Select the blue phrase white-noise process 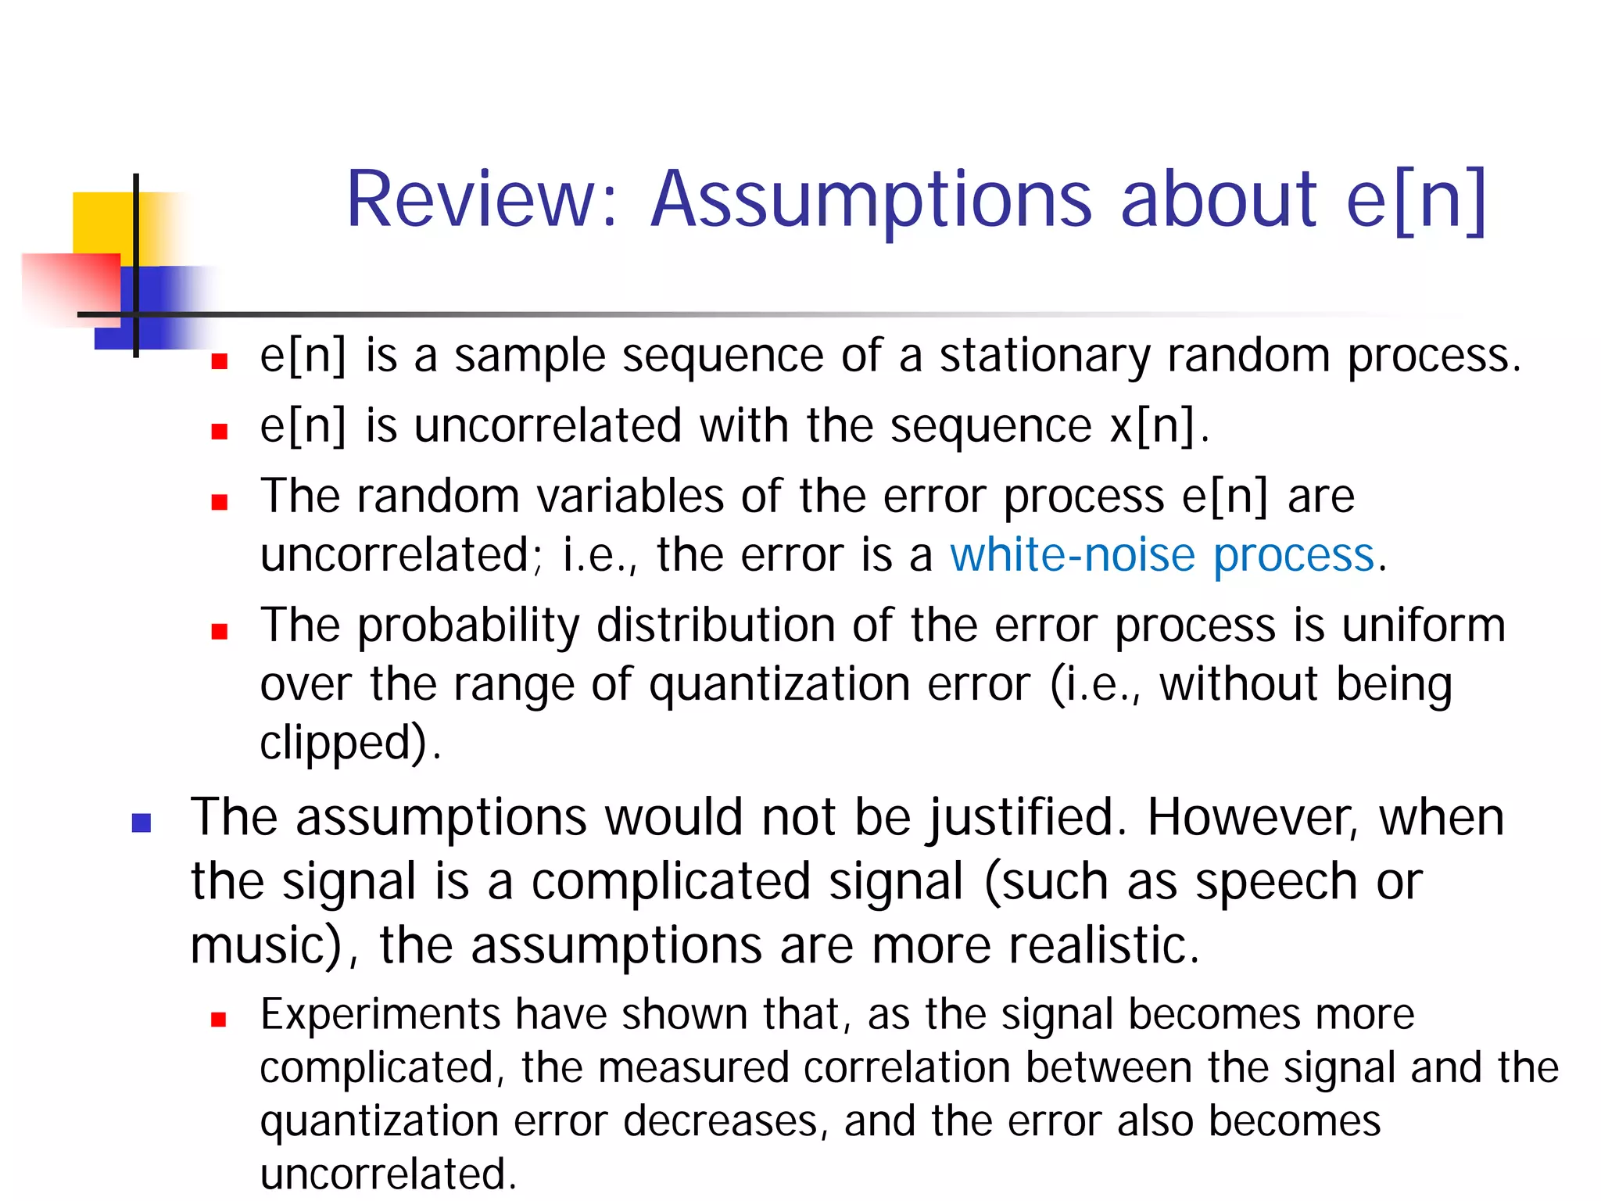[1162, 555]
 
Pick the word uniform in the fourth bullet [1424, 626]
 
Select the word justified [1027, 818]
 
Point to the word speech [1277, 882]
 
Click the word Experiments [379, 1015]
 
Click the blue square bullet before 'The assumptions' [141, 823]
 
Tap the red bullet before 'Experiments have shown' [219, 1019]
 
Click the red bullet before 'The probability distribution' [219, 630]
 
